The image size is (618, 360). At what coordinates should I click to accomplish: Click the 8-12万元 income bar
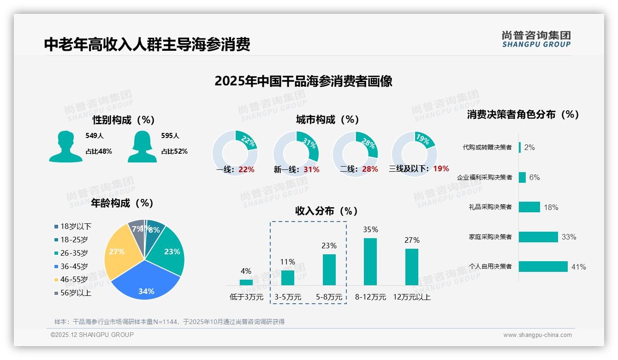pyautogui.click(x=370, y=262)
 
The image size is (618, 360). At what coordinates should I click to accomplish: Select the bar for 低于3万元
pyautogui.click(x=246, y=282)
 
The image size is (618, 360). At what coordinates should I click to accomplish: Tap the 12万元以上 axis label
pyautogui.click(x=412, y=297)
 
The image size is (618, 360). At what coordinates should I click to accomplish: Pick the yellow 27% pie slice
pyautogui.click(x=117, y=253)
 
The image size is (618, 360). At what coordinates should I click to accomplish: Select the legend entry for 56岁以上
pyautogui.click(x=73, y=293)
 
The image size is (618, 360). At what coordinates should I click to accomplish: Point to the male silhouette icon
pyautogui.click(x=65, y=146)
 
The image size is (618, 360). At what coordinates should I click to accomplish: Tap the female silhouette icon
pyautogui.click(x=142, y=146)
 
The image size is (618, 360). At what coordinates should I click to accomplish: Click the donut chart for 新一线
pyautogui.click(x=296, y=153)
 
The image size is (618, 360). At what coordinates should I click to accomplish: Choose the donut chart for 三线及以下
pyautogui.click(x=414, y=153)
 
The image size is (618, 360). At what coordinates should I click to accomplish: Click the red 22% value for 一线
pyautogui.click(x=246, y=169)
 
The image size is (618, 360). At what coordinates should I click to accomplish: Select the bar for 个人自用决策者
pyautogui.click(x=543, y=267)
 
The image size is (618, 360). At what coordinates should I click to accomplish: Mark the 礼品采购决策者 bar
pyautogui.click(x=529, y=207)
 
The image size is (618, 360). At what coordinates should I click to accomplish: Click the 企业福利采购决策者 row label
pyautogui.click(x=484, y=177)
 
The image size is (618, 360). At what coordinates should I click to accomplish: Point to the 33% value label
pyautogui.click(x=569, y=237)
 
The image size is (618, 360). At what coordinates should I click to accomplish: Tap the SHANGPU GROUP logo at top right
pyautogui.click(x=536, y=39)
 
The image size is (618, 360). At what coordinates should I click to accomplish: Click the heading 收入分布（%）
pyautogui.click(x=327, y=211)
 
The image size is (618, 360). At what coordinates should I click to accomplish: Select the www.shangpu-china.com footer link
pyautogui.click(x=537, y=335)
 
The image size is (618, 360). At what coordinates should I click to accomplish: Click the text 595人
pyautogui.click(x=170, y=136)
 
